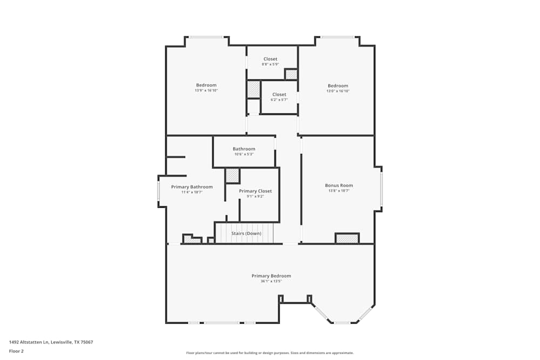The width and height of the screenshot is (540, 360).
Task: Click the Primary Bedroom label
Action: pyautogui.click(x=271, y=276)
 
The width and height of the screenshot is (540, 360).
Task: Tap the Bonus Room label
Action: pyautogui.click(x=339, y=185)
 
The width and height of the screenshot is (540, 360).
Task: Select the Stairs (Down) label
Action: pyautogui.click(x=246, y=233)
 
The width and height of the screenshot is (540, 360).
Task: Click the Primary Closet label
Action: pyautogui.click(x=255, y=191)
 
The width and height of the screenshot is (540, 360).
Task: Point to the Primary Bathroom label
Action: pyautogui.click(x=192, y=187)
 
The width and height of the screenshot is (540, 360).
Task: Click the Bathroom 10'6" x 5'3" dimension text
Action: pyautogui.click(x=244, y=154)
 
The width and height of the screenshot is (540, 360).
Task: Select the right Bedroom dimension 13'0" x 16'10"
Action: pyautogui.click(x=338, y=91)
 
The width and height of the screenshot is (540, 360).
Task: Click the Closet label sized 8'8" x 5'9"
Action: pyautogui.click(x=271, y=59)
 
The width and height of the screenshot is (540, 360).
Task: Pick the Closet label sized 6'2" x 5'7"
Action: pyautogui.click(x=279, y=94)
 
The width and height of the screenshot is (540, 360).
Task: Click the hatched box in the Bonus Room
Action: pyautogui.click(x=347, y=238)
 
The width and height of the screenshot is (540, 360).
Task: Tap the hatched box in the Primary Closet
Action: pyautogui.click(x=232, y=175)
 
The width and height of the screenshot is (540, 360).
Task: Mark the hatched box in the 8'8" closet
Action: pyautogui.click(x=291, y=74)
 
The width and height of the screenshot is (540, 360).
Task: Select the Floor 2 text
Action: pyautogui.click(x=16, y=351)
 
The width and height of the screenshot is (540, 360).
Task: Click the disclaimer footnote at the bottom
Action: pyautogui.click(x=270, y=353)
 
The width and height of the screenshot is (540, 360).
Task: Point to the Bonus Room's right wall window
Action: pyautogui.click(x=381, y=189)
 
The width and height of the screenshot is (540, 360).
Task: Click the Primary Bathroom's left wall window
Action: pyautogui.click(x=158, y=191)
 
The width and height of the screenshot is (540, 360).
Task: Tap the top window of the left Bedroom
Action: pyautogui.click(x=206, y=37)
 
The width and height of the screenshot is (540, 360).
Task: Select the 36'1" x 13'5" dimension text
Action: pyautogui.click(x=271, y=281)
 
